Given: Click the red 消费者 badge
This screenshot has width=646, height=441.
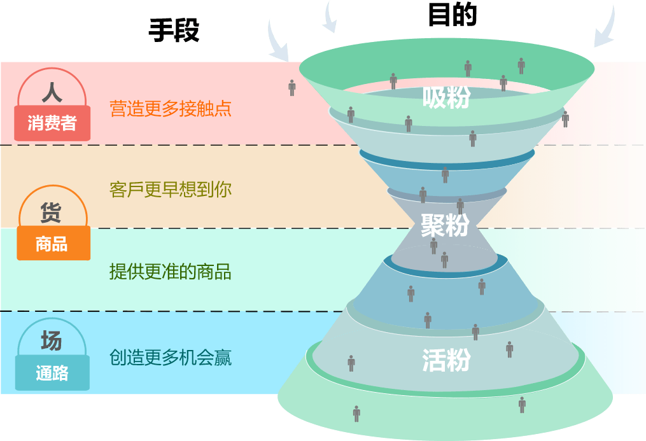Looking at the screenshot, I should tap(52, 123).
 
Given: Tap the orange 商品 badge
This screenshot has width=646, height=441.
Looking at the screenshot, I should tap(52, 244).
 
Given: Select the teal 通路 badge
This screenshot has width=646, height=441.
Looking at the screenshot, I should tap(52, 374).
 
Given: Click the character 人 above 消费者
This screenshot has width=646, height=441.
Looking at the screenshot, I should tap(52, 93).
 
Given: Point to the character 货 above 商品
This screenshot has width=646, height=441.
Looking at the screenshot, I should tap(51, 213).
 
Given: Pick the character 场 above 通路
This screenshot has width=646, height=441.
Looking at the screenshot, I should tap(52, 341).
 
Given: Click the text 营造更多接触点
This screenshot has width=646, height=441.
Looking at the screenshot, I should tap(170, 108).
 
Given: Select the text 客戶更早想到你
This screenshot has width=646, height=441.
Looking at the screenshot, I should tap(170, 190).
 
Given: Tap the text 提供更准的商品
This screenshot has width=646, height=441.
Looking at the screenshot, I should tap(170, 272).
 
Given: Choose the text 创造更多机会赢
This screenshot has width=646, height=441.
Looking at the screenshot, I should tap(170, 358).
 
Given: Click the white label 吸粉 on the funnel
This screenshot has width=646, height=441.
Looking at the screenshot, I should tap(446, 97).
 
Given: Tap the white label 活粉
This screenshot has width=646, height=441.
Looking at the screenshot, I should tap(446, 360).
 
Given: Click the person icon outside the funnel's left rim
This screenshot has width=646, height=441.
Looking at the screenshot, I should tap(292, 87).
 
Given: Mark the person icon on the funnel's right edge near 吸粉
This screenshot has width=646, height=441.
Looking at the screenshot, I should tap(565, 118).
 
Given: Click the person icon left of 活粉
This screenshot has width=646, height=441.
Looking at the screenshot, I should tap(351, 363).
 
